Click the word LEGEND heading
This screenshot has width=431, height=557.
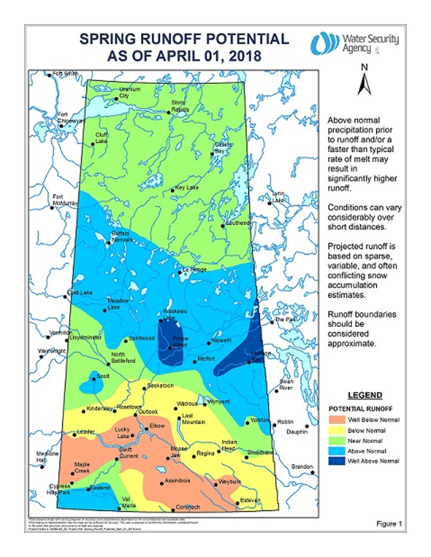[365, 395]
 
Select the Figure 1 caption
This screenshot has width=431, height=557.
[389, 523]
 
